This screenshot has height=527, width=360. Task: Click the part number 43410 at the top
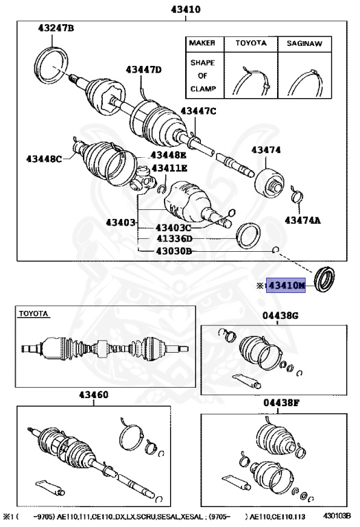coord(180,10)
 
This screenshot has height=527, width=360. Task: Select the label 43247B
coord(56,28)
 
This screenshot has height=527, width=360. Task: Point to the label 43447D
coord(143,69)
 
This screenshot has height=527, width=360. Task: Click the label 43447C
coord(198,111)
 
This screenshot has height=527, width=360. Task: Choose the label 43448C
coord(45,159)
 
